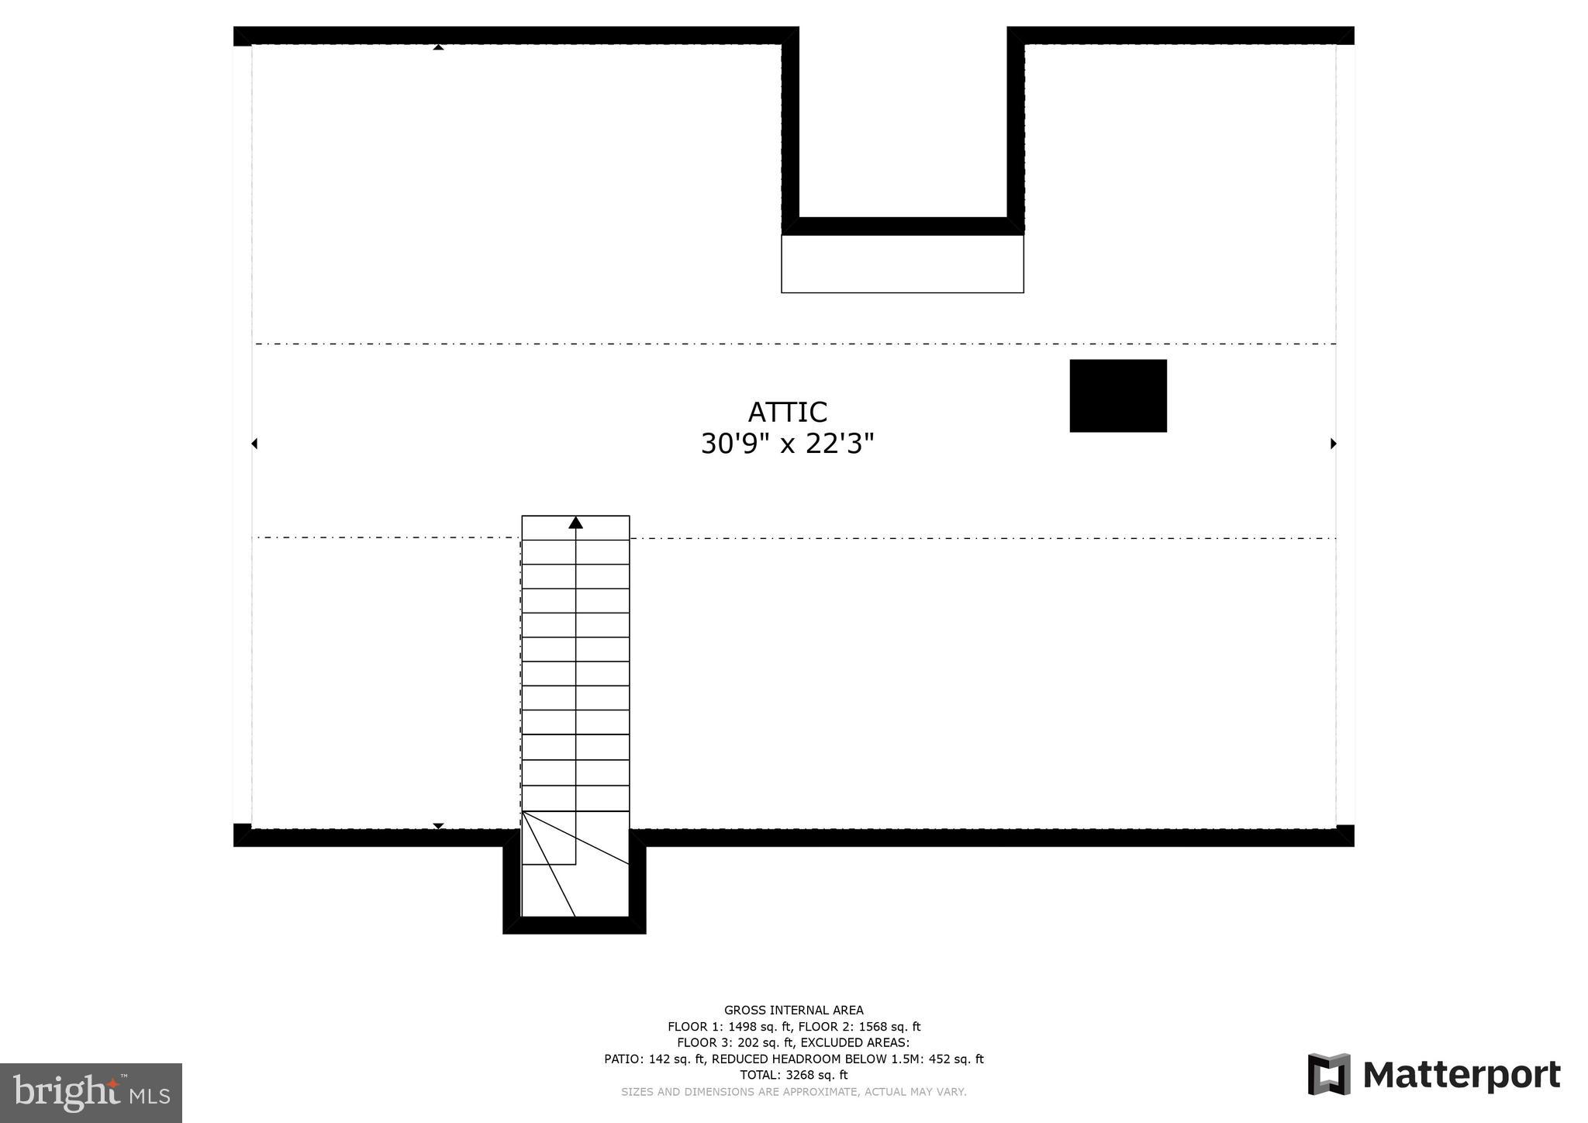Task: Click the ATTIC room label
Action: coord(787,412)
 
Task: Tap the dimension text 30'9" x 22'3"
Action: coord(787,444)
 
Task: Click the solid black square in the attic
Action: coord(1117,396)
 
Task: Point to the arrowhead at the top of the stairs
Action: coord(575,523)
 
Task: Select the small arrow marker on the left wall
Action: coord(254,444)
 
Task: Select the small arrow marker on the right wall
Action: coord(1334,444)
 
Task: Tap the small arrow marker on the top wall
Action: coord(438,47)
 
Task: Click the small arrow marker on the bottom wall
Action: coord(438,826)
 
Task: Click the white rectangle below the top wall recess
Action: coord(902,264)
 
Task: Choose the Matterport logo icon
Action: coord(1329,1074)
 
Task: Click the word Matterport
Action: coord(1462,1076)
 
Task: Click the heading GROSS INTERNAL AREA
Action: coord(793,1010)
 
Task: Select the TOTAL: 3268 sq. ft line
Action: coord(793,1076)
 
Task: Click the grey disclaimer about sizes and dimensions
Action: coord(793,1092)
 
